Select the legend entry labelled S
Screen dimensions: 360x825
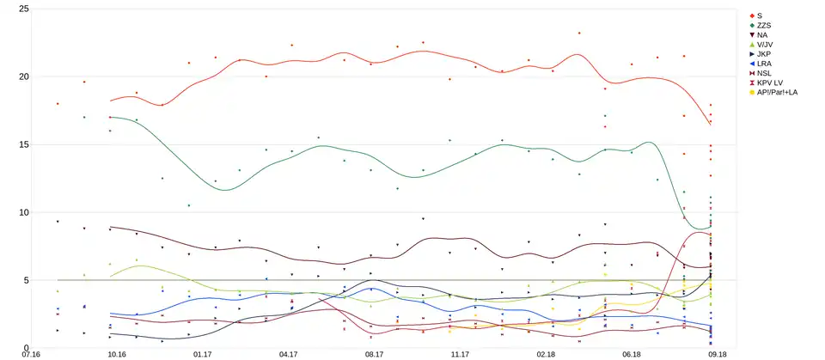tap(761, 15)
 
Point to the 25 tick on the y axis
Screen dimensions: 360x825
tap(23, 9)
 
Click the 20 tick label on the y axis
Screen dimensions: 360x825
tap(23, 76)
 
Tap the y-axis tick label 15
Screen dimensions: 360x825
tap(23, 144)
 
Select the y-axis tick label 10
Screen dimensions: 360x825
tap(23, 212)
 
